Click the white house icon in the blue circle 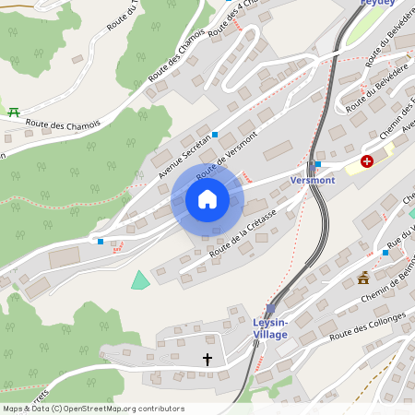pos(207,199)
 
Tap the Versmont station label pos(313,180)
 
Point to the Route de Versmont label pos(226,153)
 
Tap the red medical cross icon pos(367,161)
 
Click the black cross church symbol pos(207,358)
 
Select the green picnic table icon pos(14,113)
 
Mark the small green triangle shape pos(139,280)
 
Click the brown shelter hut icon pos(363,278)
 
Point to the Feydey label pos(377,4)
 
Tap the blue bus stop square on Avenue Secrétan pos(215,135)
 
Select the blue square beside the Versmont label pos(317,165)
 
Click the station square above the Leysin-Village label pos(270,309)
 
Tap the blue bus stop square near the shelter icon pos(385,253)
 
